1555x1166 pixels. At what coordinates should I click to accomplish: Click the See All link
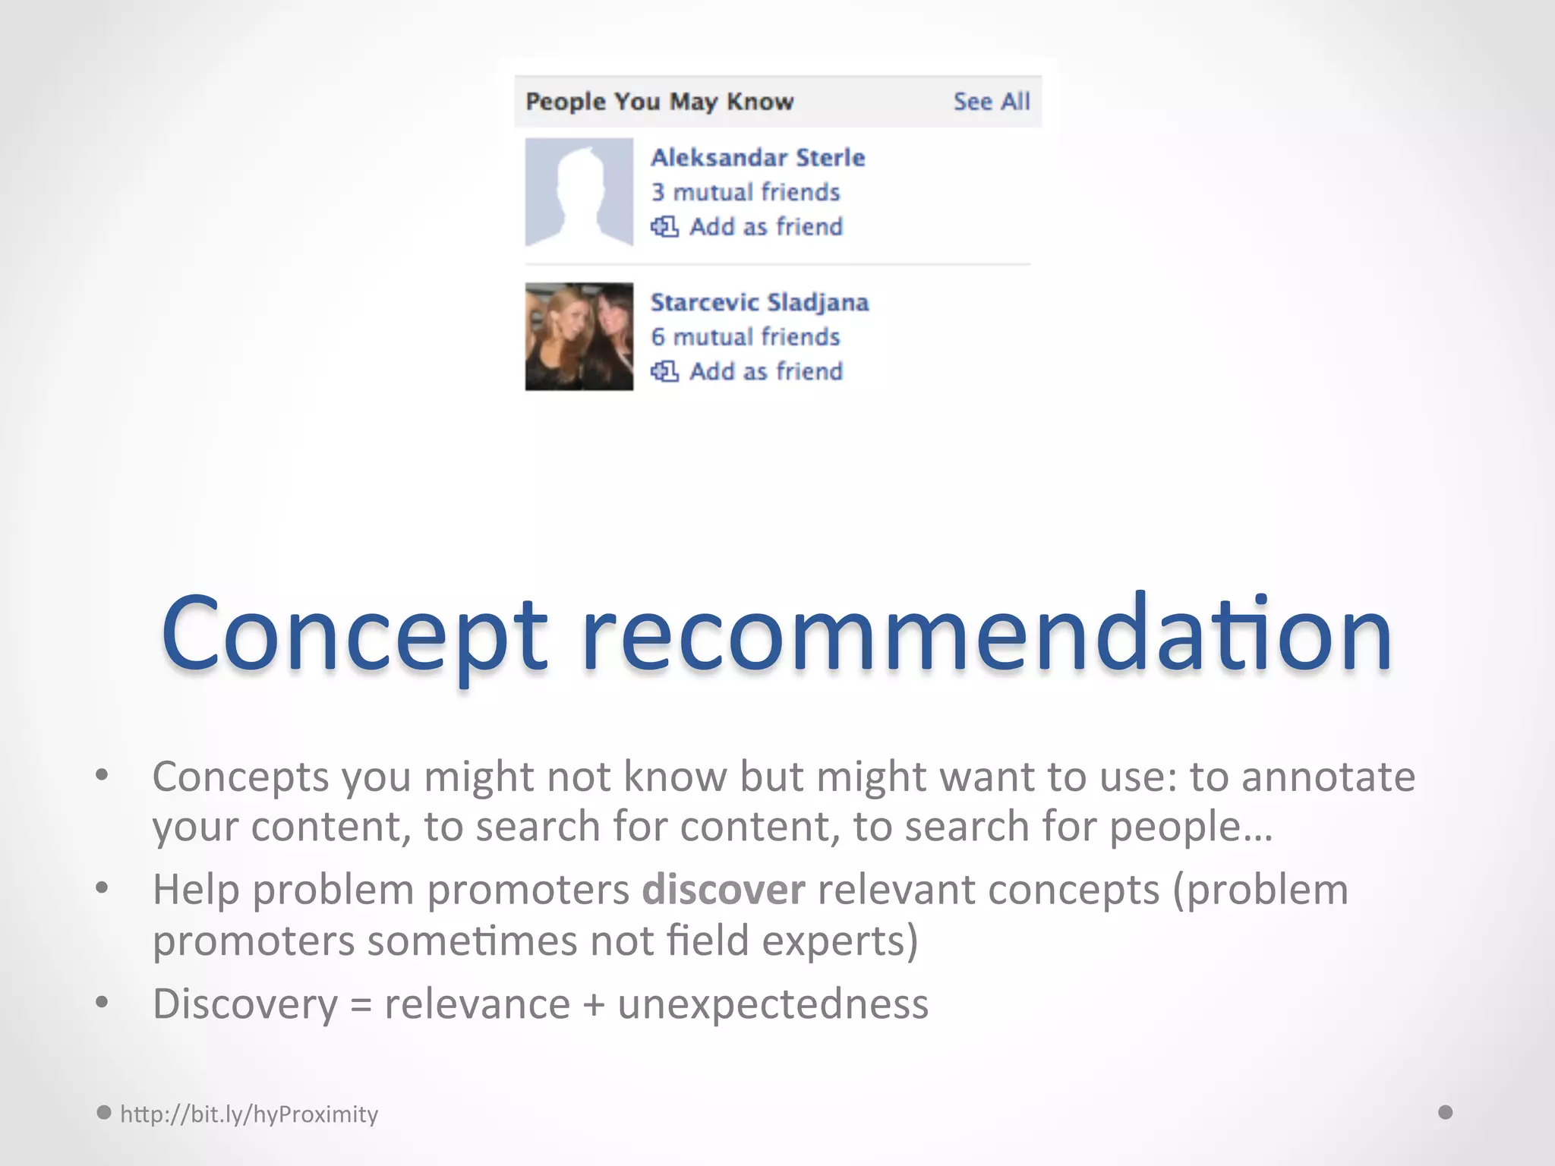(991, 102)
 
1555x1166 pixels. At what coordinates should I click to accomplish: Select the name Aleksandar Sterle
(758, 158)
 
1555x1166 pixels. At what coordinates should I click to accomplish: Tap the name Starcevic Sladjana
(759, 303)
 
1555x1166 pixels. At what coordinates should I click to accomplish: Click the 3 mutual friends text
(745, 192)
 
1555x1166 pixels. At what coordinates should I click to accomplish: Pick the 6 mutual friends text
(745, 337)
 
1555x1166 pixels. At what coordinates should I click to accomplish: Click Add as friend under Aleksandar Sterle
(765, 227)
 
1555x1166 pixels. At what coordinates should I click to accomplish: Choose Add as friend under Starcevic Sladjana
(765, 372)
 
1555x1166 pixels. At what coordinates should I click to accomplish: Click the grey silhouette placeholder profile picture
(579, 192)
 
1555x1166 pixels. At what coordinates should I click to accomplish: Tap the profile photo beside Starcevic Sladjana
(579, 337)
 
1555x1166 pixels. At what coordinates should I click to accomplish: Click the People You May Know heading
(659, 102)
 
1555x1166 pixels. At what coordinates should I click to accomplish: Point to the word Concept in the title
(354, 635)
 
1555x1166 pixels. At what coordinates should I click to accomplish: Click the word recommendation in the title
(986, 635)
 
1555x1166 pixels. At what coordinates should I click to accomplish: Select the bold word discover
(723, 890)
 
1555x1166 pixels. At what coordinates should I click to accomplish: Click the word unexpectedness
(773, 1004)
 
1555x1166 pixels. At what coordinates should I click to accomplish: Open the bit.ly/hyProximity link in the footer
(249, 1114)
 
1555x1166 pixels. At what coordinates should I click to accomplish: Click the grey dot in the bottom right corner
(1446, 1112)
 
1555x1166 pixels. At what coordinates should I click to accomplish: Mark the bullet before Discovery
(103, 1002)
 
